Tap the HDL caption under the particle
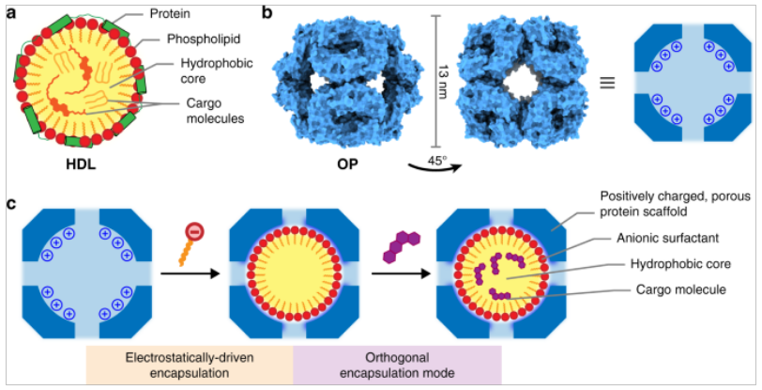click(81, 164)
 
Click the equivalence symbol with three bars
click(607, 83)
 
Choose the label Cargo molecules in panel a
click(212, 111)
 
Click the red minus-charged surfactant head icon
click(193, 233)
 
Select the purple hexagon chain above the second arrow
click(402, 248)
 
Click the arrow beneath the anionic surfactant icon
click(189, 274)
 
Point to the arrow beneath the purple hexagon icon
click(401, 274)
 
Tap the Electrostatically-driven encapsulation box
click(190, 366)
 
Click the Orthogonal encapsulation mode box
click(397, 366)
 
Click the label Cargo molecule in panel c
click(680, 289)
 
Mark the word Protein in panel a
click(171, 14)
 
